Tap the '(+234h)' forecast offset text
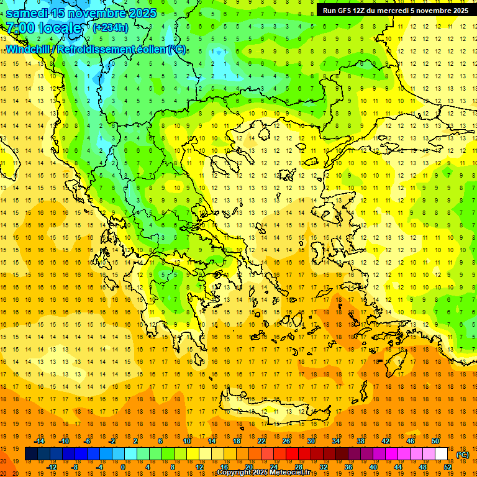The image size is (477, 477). point(110,27)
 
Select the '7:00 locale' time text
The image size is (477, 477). point(43,28)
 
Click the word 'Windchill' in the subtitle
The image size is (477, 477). point(29,48)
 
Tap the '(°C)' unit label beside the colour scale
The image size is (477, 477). point(463,455)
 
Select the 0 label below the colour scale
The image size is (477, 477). point(122,467)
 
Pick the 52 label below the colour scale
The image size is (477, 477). point(448,467)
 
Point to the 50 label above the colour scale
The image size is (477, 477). point(435,441)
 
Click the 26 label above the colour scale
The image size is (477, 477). point(286,441)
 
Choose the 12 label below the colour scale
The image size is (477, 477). point(199,467)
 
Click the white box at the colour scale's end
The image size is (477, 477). point(442,454)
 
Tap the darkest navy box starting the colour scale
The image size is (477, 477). point(31,454)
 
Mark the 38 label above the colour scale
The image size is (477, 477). point(360,441)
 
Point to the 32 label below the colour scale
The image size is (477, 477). point(324,467)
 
